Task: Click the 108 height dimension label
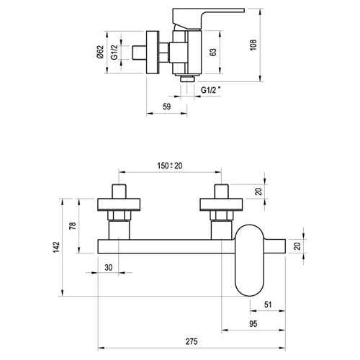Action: [x=253, y=45]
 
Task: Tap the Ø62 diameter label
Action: [x=100, y=52]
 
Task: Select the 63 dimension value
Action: [x=213, y=53]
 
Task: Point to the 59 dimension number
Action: [x=167, y=107]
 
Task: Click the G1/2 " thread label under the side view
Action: [x=211, y=90]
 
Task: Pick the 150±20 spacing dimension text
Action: [x=170, y=166]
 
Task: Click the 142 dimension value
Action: [x=56, y=247]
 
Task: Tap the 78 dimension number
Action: [x=73, y=226]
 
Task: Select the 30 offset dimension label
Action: [x=109, y=268]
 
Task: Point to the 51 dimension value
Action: [x=268, y=305]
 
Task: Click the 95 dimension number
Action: [x=253, y=324]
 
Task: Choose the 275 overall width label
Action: [x=192, y=341]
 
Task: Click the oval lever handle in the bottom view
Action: [x=250, y=260]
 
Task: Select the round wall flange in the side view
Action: [x=153, y=53]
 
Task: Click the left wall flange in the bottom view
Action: [x=119, y=204]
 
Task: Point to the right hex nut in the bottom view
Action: [x=221, y=215]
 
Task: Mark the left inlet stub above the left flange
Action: [x=119, y=192]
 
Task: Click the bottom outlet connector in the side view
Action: [x=187, y=78]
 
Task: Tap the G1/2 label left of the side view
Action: [x=114, y=52]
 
